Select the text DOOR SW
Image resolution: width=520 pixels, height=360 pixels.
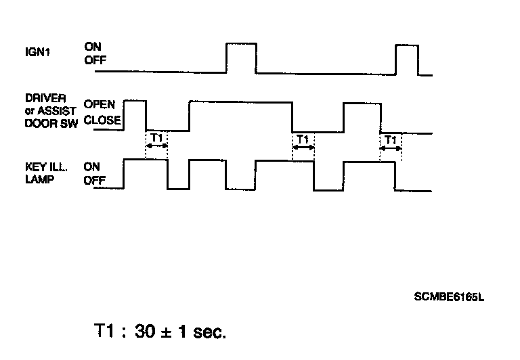coord(51,122)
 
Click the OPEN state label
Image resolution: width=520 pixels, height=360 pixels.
coord(100,105)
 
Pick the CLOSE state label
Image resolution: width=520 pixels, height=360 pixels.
coord(102,120)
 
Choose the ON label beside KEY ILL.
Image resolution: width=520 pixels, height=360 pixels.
coord(92,166)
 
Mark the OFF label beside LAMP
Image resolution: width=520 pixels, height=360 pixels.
coord(95,180)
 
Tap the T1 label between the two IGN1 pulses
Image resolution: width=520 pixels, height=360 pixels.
coord(303,139)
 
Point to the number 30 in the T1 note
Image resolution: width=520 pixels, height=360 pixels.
coord(146,332)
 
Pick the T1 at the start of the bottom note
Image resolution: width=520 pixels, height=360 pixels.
coord(105,332)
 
